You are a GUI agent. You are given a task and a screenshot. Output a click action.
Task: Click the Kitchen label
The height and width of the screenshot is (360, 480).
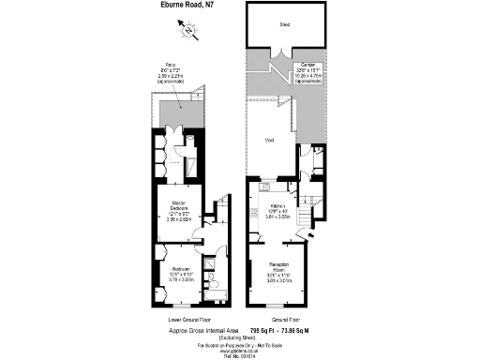pos(277,205)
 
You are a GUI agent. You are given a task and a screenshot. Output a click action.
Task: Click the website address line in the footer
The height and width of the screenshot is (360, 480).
pos(240,352)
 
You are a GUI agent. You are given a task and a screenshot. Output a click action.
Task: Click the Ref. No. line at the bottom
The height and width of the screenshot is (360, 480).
pos(240,357)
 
